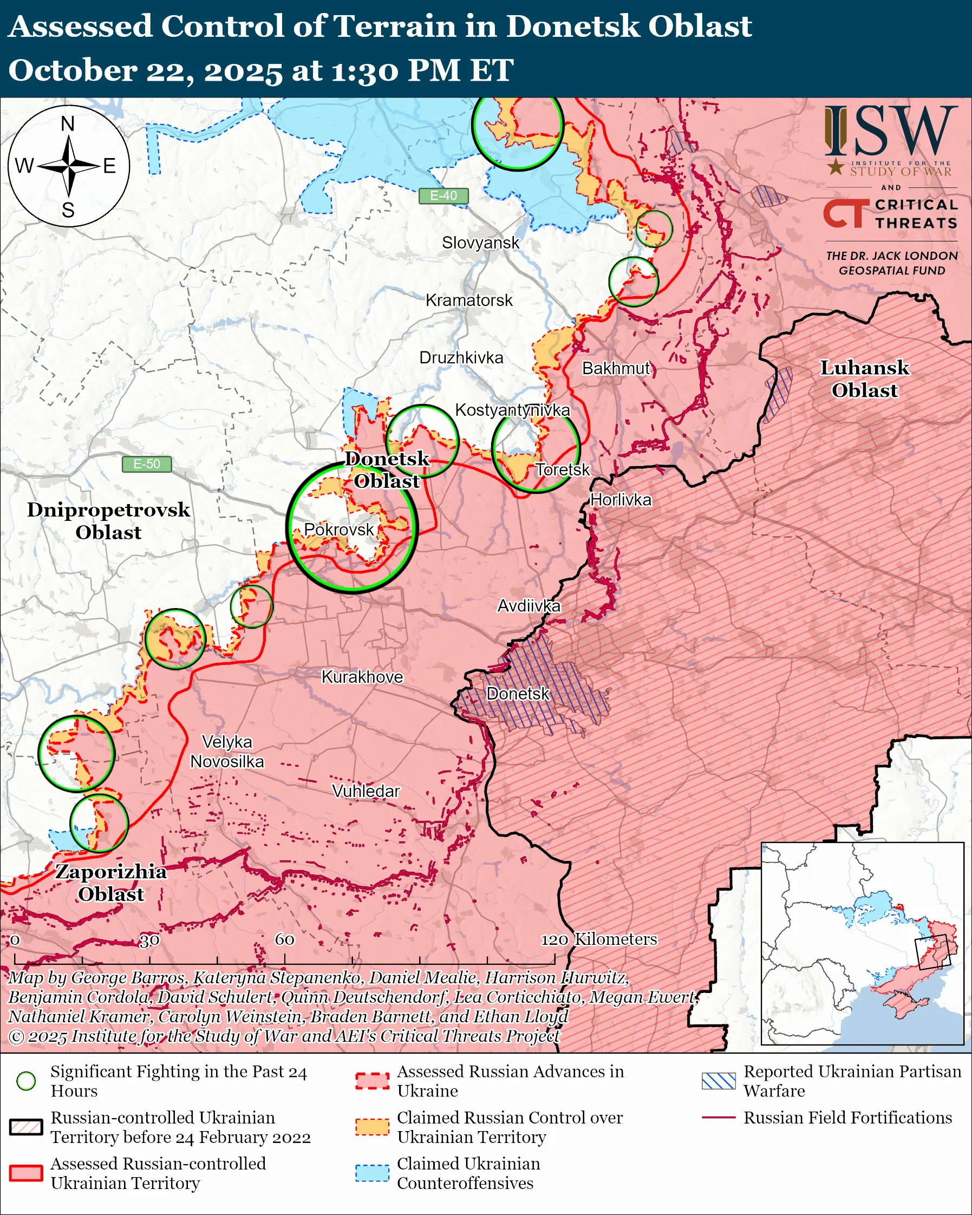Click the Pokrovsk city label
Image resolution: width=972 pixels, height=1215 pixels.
point(338,530)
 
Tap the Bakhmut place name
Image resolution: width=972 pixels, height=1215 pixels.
point(616,369)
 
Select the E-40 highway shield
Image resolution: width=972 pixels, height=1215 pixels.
point(443,195)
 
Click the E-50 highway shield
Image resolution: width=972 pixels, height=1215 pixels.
point(147,464)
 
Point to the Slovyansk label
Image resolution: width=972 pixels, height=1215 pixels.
point(480,243)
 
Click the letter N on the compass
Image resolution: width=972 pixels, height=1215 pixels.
point(68,124)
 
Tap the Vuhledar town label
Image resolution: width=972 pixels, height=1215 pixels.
point(366,791)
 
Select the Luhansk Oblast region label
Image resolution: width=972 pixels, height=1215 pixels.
point(864,378)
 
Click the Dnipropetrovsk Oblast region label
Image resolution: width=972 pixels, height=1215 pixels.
point(108,521)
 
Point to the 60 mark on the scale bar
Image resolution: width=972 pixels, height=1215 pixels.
point(284,939)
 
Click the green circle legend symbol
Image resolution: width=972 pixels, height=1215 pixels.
point(26,1080)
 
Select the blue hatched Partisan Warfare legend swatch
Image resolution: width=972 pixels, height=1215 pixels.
point(719,1080)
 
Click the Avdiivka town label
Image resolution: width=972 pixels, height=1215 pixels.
point(529,606)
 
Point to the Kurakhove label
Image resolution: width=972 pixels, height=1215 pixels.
point(362,677)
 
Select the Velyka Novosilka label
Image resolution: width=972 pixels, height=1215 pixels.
point(227,752)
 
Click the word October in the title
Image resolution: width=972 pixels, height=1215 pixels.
point(72,71)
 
